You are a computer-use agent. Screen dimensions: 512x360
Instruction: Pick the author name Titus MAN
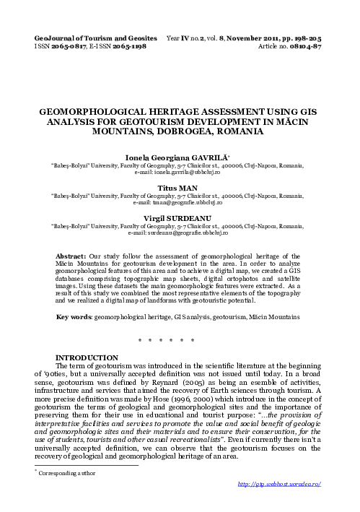click(x=180, y=186)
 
